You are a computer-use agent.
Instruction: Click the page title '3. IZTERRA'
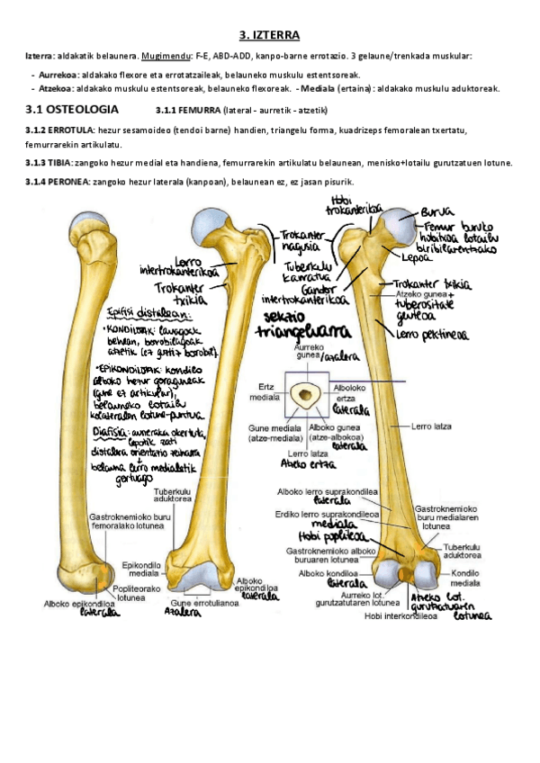[269, 36]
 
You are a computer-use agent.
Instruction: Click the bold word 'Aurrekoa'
[57, 74]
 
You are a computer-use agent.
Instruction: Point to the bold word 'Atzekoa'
[55, 88]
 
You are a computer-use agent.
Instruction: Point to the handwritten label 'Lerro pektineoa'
[431, 336]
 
